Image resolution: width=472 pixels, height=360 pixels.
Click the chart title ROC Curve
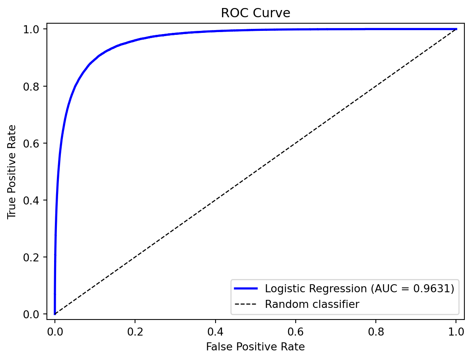tap(256, 13)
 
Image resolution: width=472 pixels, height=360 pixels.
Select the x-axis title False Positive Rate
tap(256, 347)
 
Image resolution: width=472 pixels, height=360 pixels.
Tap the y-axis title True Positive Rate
tap(12, 172)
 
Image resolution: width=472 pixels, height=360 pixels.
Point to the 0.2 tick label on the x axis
tap(135, 332)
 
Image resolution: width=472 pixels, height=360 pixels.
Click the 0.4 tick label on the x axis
tap(216, 332)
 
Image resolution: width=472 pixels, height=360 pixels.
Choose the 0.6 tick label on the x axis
tap(296, 332)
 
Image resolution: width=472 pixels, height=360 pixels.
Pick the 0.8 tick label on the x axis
tap(376, 332)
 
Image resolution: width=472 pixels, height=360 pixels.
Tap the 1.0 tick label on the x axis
tap(456, 332)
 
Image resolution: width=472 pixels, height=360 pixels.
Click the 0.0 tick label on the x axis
tap(55, 332)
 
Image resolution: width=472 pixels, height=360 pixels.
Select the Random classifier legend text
tap(312, 304)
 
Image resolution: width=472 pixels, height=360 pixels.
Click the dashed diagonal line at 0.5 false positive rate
tap(256, 172)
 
